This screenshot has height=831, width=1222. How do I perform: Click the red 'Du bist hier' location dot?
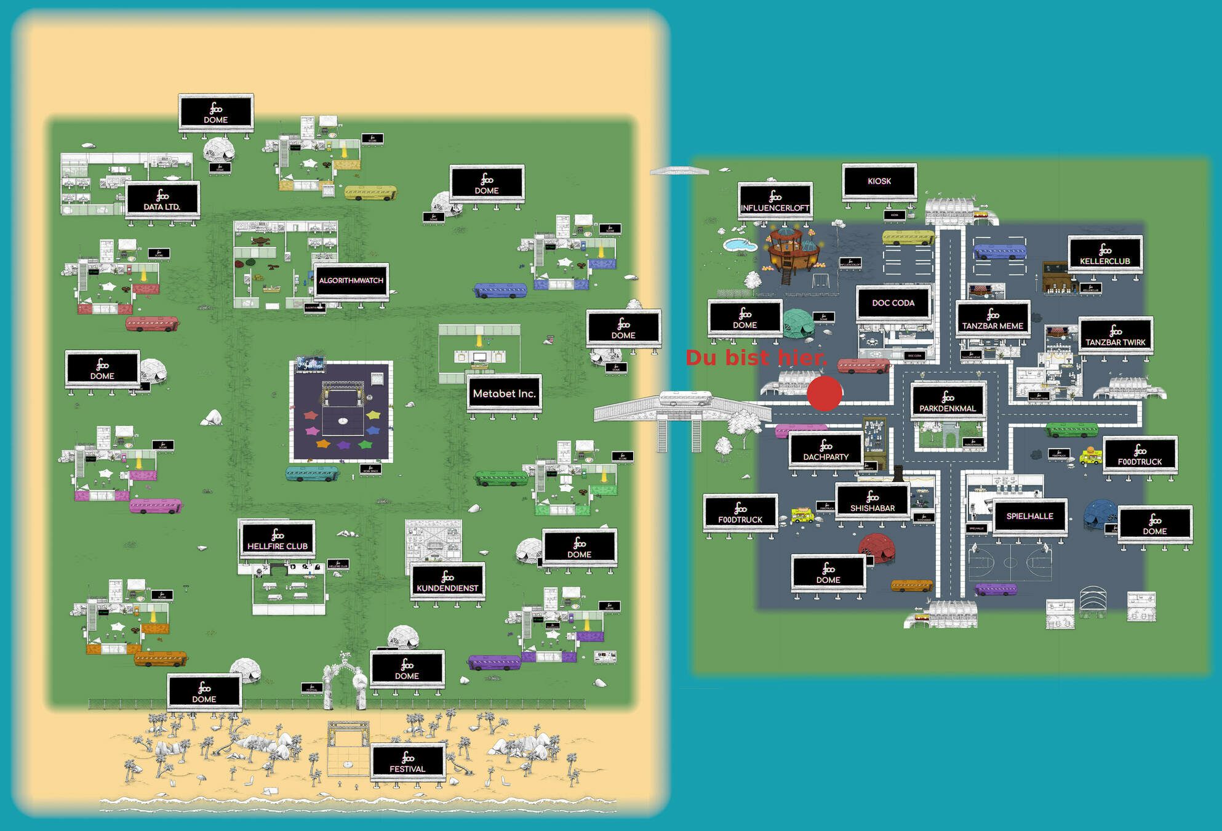(x=824, y=393)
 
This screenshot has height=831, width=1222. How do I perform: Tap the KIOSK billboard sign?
(x=879, y=181)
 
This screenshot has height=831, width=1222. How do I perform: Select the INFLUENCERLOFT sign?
(x=775, y=201)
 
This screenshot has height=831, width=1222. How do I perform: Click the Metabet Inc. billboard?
(x=504, y=393)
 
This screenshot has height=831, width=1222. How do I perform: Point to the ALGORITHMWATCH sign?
(x=351, y=281)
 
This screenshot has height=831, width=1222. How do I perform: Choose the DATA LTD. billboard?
(x=162, y=199)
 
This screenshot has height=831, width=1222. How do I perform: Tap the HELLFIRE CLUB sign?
(x=278, y=539)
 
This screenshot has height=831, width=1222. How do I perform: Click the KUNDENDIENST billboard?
(x=447, y=580)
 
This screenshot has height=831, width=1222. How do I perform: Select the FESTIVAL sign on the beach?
(x=407, y=761)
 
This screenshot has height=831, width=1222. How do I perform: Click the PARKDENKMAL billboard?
(x=948, y=401)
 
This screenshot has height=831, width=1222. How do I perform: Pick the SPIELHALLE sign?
(x=1029, y=516)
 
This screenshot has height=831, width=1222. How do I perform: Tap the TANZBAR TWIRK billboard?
(x=1115, y=335)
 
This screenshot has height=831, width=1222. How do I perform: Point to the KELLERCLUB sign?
(x=1105, y=254)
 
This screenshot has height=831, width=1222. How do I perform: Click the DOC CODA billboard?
(x=893, y=303)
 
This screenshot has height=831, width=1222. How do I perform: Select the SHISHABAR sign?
(x=872, y=500)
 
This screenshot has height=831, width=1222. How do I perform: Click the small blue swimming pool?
(x=740, y=245)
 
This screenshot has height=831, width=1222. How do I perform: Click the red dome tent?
(x=876, y=546)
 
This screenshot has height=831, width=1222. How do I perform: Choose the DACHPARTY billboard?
(x=826, y=449)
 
